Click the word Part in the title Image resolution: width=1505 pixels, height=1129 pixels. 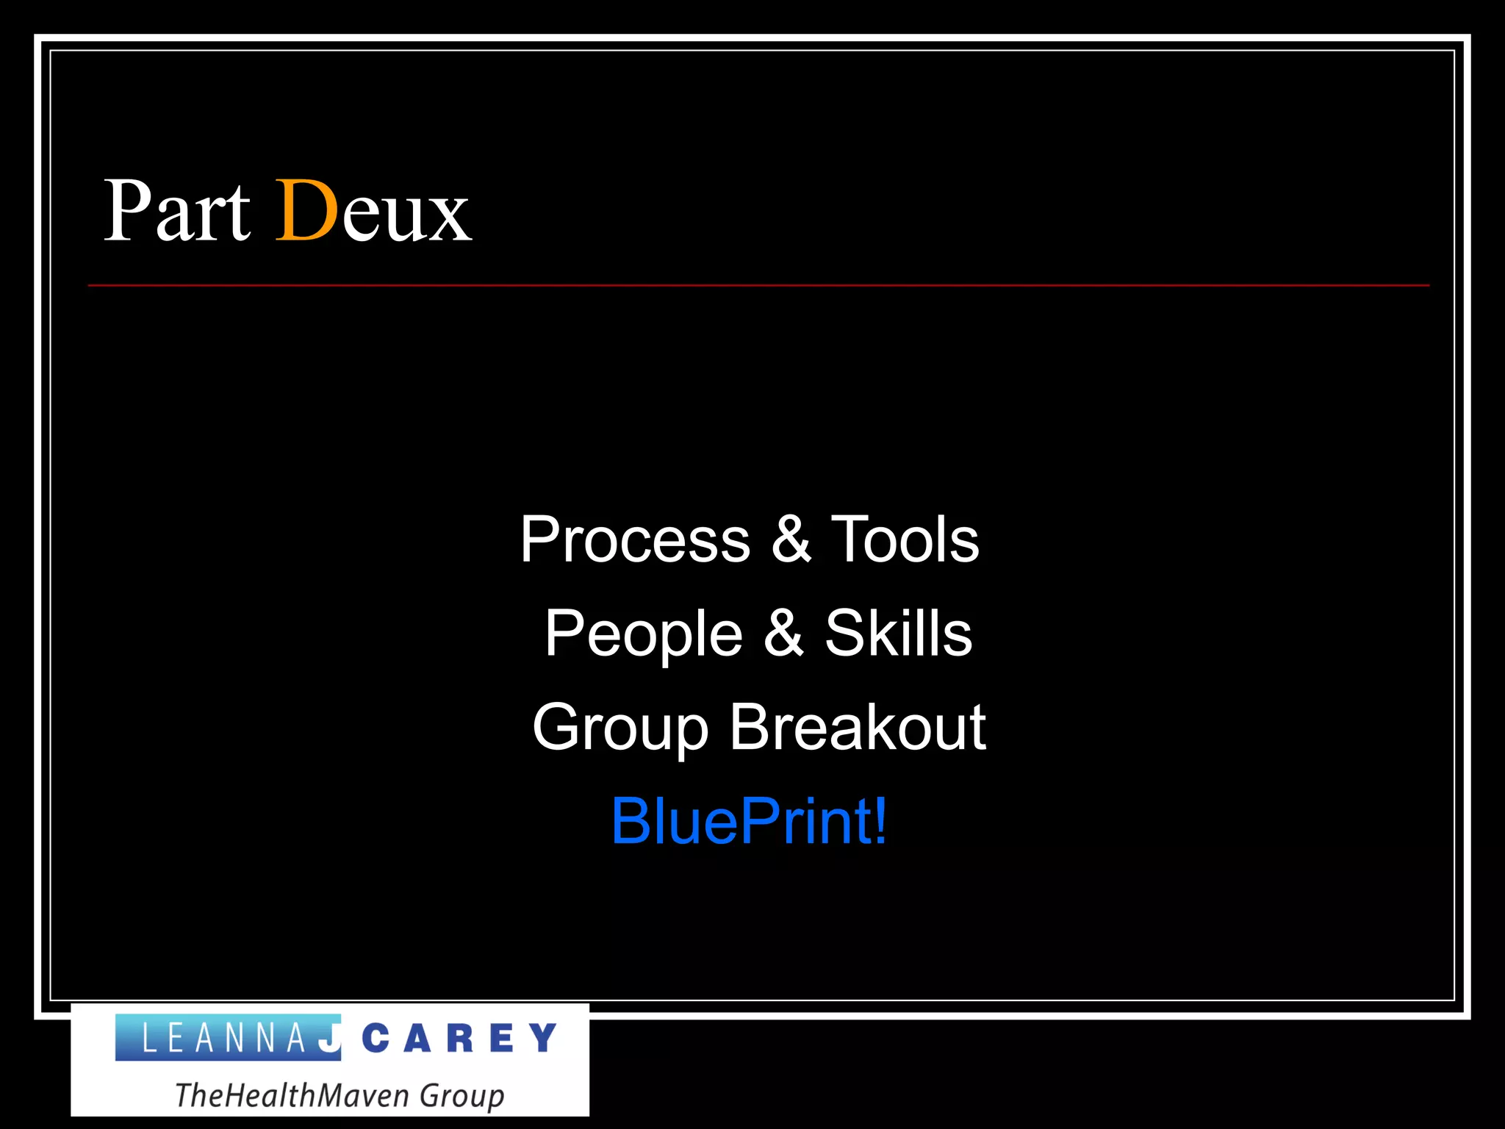coord(177,212)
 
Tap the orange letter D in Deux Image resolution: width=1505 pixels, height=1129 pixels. coord(306,212)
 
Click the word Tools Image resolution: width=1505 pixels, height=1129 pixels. coord(905,540)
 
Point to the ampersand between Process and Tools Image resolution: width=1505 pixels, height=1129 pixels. coord(791,540)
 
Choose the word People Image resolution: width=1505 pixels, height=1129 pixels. coord(644,634)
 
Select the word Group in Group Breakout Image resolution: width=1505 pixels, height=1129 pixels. coord(620,728)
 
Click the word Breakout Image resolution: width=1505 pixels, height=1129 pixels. coord(857,727)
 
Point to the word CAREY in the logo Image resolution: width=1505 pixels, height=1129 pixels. coord(459,1039)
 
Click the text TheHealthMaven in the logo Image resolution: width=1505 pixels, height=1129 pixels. coord(293,1095)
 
